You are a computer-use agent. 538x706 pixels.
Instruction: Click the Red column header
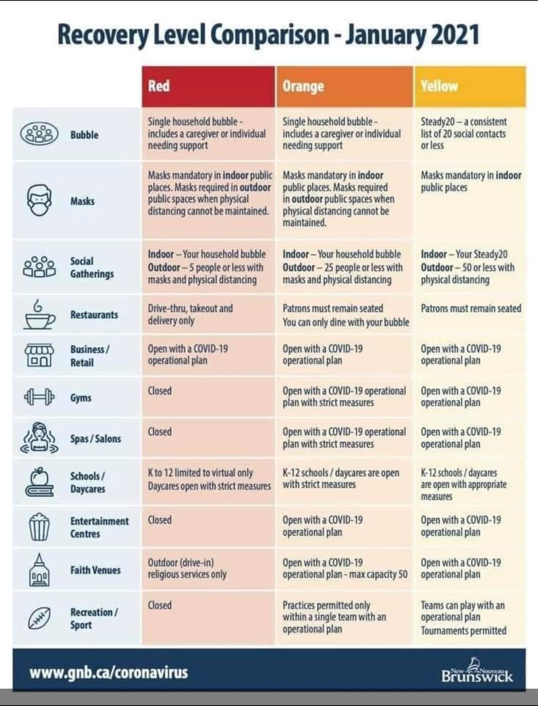(x=208, y=86)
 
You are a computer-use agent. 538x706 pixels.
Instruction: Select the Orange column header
(x=344, y=86)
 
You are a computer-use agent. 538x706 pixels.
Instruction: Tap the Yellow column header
(x=470, y=86)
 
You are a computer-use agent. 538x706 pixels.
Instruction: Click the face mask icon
(x=40, y=200)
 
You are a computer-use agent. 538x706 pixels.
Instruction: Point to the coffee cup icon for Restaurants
(x=39, y=315)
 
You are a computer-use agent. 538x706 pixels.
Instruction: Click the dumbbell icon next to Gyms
(x=39, y=397)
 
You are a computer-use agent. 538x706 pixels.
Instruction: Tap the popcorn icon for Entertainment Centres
(x=39, y=526)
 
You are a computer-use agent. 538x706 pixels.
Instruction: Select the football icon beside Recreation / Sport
(x=39, y=618)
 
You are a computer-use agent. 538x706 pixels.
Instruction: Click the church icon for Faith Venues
(x=39, y=570)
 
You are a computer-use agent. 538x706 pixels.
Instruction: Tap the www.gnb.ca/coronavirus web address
(x=109, y=673)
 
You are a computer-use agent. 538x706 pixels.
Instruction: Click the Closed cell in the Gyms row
(x=160, y=391)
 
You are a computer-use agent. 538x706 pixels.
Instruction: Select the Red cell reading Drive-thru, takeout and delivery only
(x=190, y=314)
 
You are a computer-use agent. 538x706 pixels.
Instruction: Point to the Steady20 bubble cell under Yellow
(x=463, y=134)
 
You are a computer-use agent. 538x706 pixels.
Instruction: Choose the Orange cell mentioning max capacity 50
(x=345, y=569)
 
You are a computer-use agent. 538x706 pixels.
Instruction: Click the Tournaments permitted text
(x=463, y=631)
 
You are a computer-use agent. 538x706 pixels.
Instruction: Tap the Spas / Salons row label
(x=96, y=438)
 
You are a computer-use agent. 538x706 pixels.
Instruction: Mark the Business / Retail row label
(x=90, y=356)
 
